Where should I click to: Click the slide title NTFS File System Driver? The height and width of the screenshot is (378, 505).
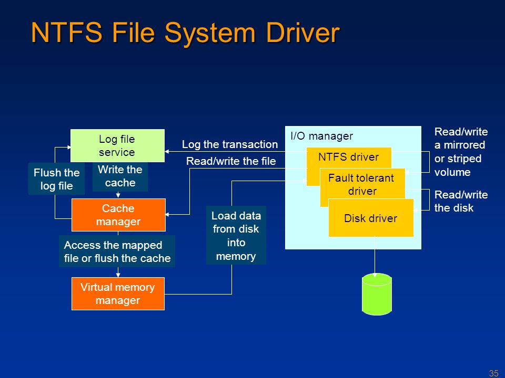[x=185, y=33]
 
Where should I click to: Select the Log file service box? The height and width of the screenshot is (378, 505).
[x=117, y=145]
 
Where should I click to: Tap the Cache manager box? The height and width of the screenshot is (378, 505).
[x=118, y=215]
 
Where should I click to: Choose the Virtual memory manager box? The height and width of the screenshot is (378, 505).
[x=117, y=293]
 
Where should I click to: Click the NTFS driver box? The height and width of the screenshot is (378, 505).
[x=349, y=157]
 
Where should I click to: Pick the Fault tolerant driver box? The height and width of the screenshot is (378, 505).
[x=362, y=184]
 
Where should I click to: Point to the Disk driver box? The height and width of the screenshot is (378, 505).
[x=370, y=218]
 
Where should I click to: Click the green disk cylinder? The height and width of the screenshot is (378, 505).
[x=377, y=295]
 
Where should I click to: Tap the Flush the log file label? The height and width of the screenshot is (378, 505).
[x=56, y=179]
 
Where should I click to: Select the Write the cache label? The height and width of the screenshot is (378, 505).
[x=120, y=176]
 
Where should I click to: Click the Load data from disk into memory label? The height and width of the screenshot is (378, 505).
[x=236, y=236]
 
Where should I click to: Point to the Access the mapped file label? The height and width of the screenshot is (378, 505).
[x=117, y=251]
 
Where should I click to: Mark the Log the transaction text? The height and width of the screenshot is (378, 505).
[x=229, y=144]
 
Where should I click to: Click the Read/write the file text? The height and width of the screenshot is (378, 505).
[x=230, y=161]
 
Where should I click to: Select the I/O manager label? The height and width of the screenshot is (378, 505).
[x=321, y=136]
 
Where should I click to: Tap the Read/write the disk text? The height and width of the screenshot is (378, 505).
[x=454, y=201]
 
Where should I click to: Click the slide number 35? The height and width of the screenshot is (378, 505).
[x=493, y=373]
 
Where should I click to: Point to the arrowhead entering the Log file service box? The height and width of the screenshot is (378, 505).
[x=167, y=152]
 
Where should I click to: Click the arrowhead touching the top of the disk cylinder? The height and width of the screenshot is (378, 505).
[x=375, y=274]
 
